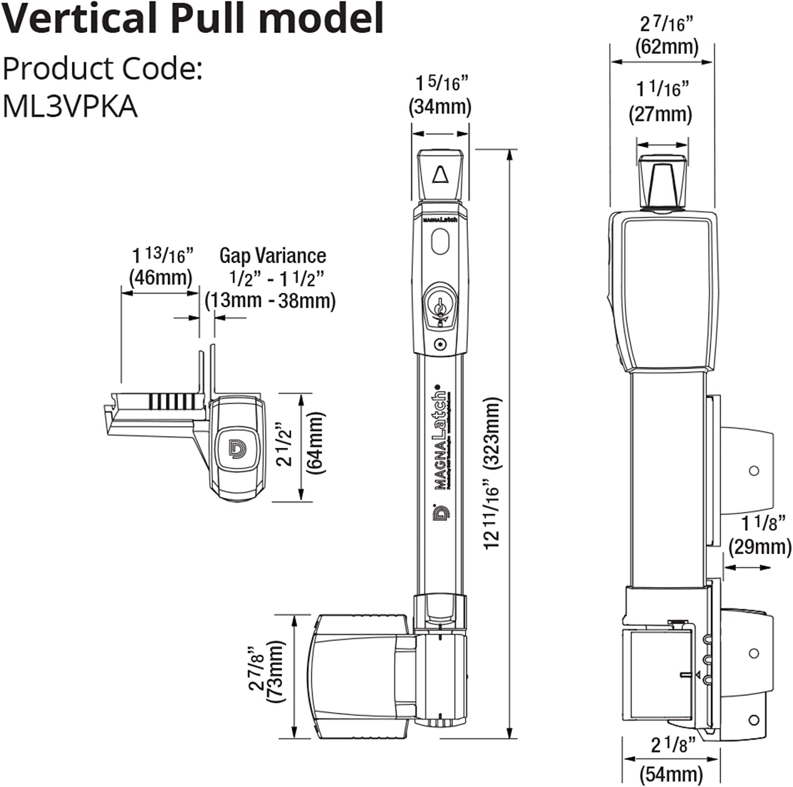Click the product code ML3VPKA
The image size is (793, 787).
[x=70, y=106]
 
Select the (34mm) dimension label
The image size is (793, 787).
[x=439, y=106]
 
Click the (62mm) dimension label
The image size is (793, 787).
[x=667, y=47]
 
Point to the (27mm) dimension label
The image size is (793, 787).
[x=660, y=114]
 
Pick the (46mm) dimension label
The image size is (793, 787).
[x=161, y=277]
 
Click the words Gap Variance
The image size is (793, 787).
[x=273, y=256]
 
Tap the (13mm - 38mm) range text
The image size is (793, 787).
[x=270, y=301]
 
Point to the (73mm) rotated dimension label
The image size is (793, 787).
[x=275, y=671]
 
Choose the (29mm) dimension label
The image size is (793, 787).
[x=760, y=547]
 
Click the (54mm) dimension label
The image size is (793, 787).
[x=671, y=774]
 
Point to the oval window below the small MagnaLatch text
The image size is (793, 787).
[x=440, y=241]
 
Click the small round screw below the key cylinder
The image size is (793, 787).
[x=440, y=345]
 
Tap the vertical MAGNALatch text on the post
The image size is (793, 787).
[x=440, y=442]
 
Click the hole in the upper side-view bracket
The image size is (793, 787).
[x=754, y=471]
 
